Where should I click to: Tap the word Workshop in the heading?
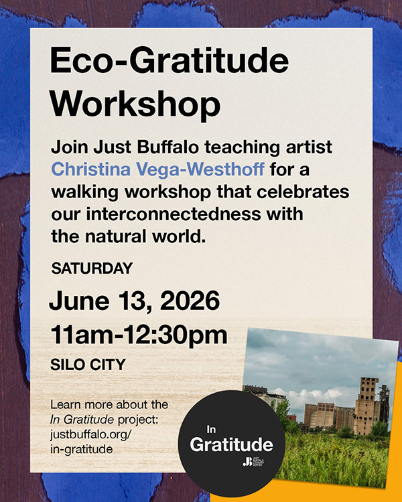pyautogui.click(x=135, y=104)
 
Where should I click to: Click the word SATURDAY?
pyautogui.click(x=92, y=269)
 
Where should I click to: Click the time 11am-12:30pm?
pyautogui.click(x=138, y=335)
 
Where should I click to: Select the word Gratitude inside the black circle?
pyautogui.click(x=231, y=444)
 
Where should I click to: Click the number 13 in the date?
pyautogui.click(x=130, y=301)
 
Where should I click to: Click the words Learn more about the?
pyautogui.click(x=109, y=406)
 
